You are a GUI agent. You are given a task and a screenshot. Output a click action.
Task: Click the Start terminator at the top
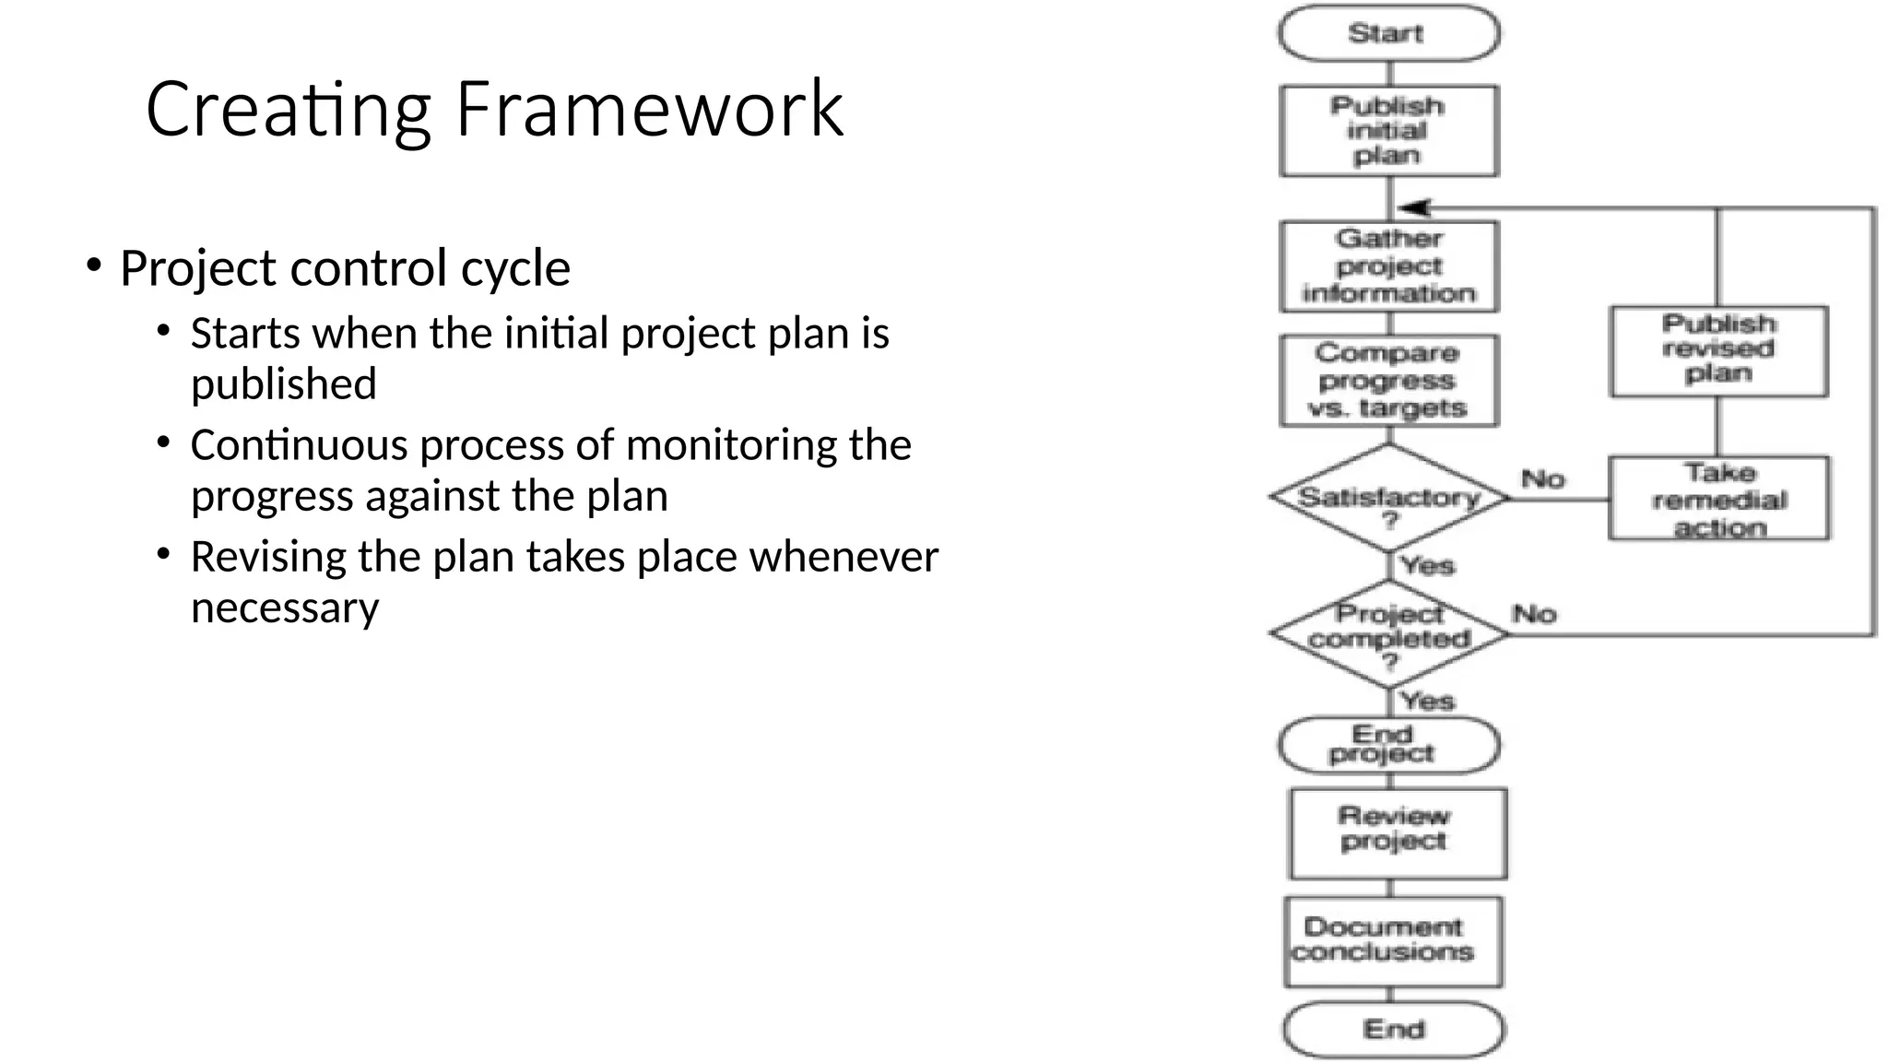tap(1388, 33)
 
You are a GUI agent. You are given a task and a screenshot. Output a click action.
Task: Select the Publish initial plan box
tap(1388, 131)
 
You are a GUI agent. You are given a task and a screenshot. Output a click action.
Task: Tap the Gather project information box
tap(1388, 266)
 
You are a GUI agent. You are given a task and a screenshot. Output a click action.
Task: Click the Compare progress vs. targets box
tap(1388, 381)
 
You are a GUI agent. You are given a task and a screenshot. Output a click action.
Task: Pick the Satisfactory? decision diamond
tap(1388, 498)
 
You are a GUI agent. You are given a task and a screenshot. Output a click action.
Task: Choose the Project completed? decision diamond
tap(1388, 634)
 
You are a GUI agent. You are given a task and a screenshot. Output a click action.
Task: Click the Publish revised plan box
tap(1718, 350)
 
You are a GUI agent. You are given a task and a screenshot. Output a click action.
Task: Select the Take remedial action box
tap(1718, 499)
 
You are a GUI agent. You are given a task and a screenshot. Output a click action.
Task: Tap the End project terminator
tap(1388, 745)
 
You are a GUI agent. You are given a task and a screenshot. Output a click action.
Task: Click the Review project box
tap(1396, 832)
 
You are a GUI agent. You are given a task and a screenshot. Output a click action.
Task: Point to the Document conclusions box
tap(1392, 941)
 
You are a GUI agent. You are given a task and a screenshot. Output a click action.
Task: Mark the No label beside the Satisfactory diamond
tap(1543, 479)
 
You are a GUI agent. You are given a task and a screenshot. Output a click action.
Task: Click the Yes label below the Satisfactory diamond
tap(1427, 566)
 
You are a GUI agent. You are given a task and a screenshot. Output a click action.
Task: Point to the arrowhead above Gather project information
tap(1412, 207)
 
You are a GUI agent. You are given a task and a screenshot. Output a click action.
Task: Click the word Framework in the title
tap(649, 110)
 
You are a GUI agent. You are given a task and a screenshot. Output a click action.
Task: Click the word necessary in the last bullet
tap(285, 608)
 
